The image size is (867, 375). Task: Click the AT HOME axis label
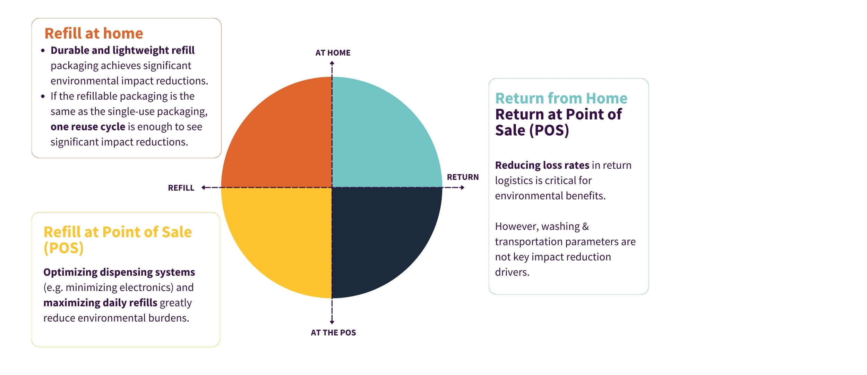point(333,53)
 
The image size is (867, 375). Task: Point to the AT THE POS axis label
point(333,333)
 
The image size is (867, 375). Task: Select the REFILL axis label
point(181,188)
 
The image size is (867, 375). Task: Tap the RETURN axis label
point(463,177)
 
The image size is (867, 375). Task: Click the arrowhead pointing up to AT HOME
point(332,63)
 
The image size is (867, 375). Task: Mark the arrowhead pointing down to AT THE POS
point(332,322)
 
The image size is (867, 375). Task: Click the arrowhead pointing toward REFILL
point(204,187)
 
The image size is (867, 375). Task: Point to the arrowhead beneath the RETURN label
point(462,187)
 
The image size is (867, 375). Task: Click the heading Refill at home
point(94,34)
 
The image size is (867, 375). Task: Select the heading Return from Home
point(561,98)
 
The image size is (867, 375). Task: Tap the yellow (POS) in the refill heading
point(63,248)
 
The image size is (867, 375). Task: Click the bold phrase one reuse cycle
point(88,127)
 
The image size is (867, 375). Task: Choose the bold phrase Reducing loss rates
point(542,165)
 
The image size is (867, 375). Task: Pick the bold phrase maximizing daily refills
point(100,303)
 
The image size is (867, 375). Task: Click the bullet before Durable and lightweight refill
point(43,51)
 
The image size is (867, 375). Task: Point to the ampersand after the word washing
point(585,226)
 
